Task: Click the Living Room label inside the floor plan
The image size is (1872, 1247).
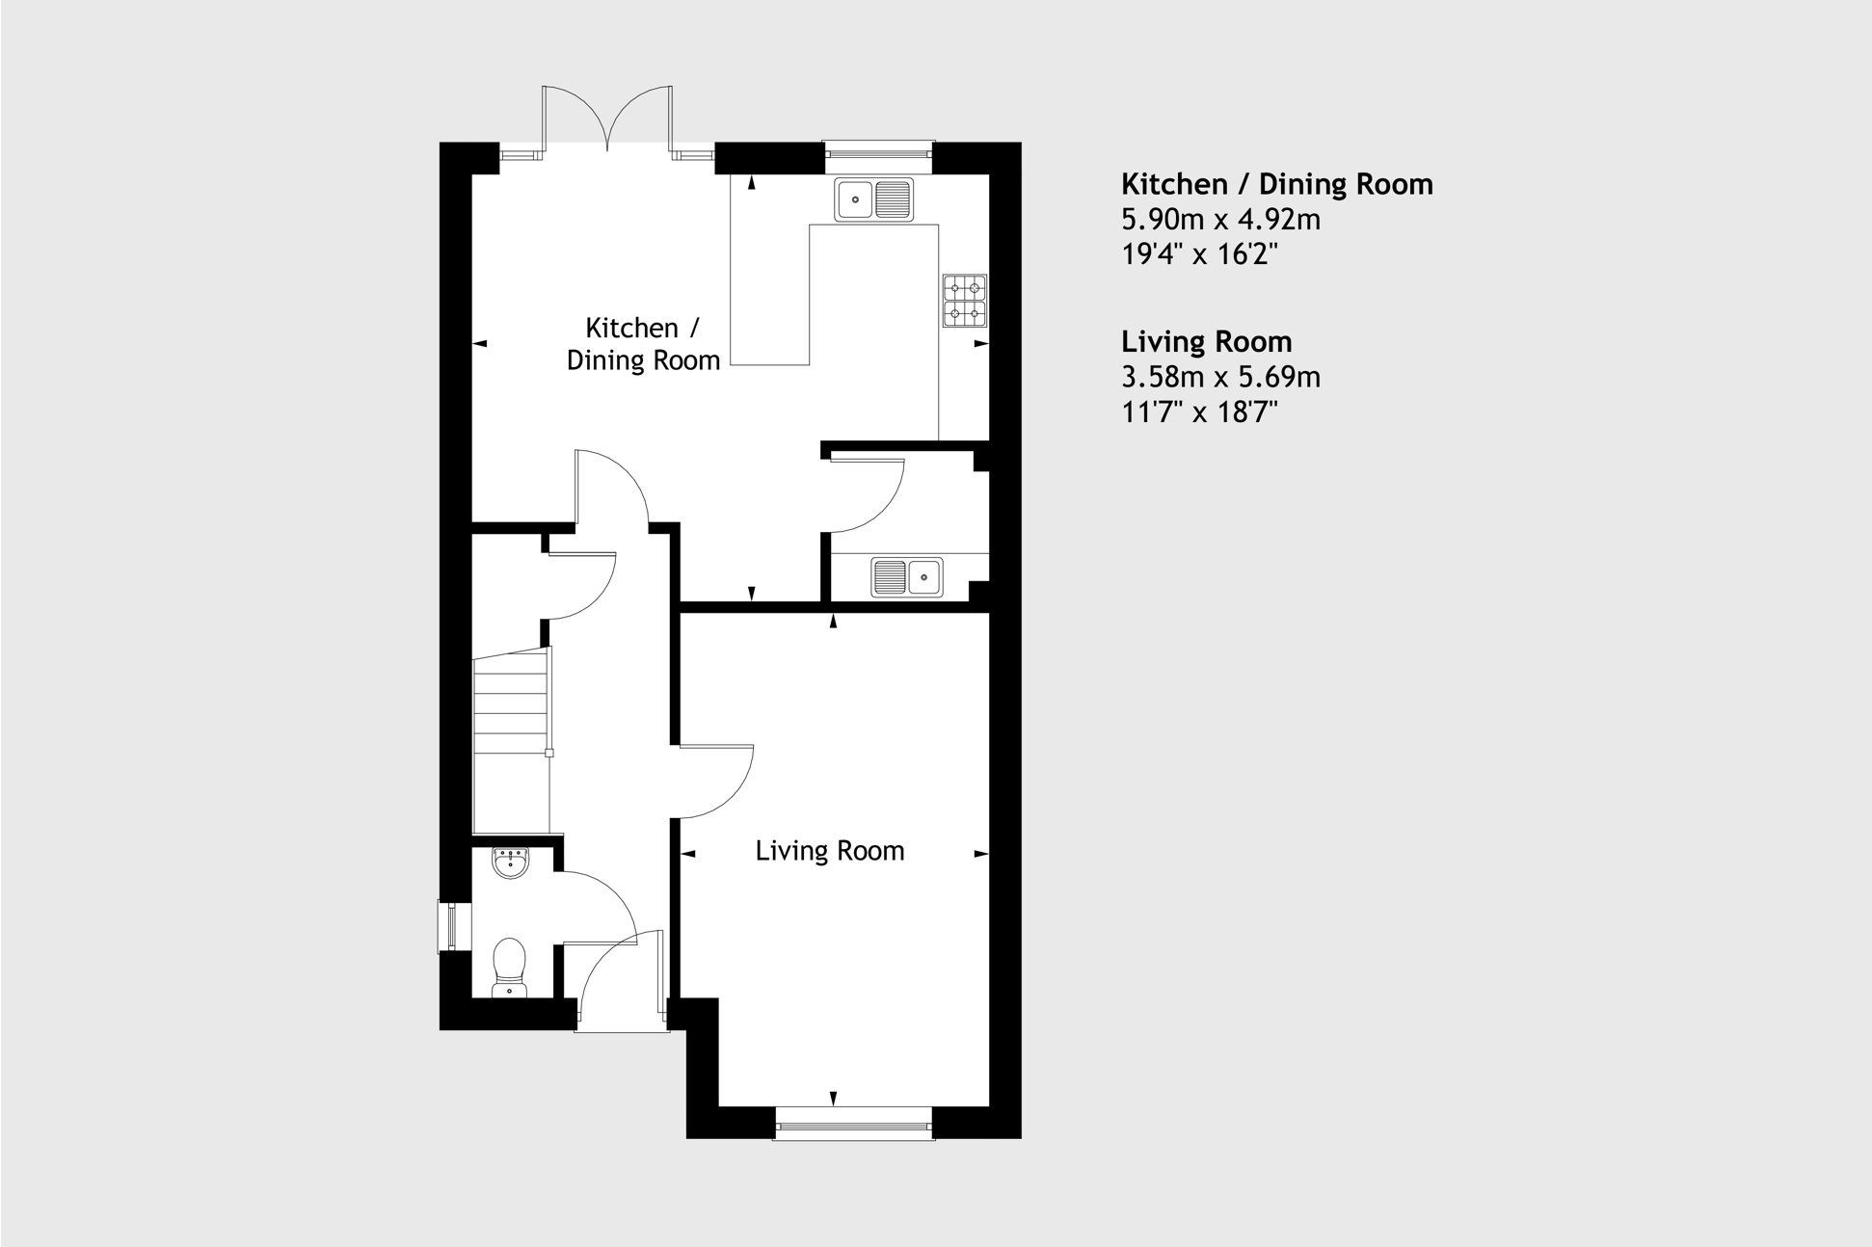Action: (x=829, y=851)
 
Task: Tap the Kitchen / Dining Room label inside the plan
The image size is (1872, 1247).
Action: (x=643, y=344)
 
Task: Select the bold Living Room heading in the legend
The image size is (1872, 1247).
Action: (x=1206, y=342)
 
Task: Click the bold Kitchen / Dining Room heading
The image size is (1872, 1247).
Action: (x=1276, y=184)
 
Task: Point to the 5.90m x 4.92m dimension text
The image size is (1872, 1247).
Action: (x=1220, y=220)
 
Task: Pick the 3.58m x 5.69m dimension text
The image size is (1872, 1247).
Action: (x=1220, y=377)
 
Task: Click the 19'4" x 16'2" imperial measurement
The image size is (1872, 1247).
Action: (x=1199, y=254)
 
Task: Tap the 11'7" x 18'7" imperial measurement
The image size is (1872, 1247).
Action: (x=1199, y=412)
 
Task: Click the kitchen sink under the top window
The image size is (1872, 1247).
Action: (x=874, y=199)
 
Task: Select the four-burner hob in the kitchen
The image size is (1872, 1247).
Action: (x=965, y=300)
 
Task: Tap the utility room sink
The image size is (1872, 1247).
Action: (x=907, y=577)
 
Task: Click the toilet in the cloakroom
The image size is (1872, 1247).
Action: (x=509, y=968)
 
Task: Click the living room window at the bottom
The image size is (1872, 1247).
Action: (x=854, y=1123)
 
